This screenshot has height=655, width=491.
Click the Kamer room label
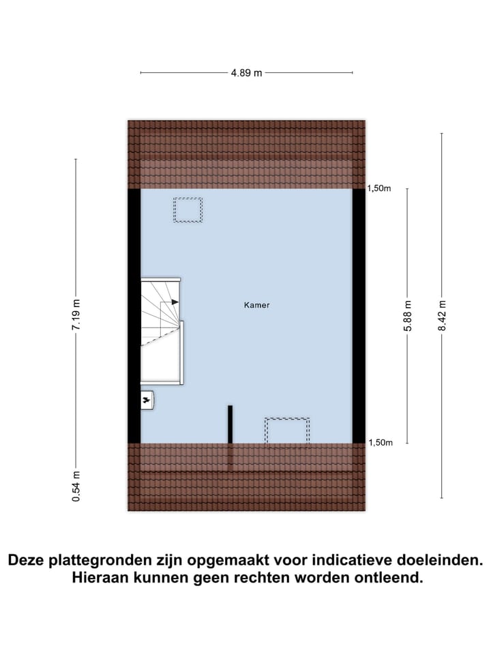pos(256,305)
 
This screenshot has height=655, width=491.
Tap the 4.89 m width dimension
pos(246,73)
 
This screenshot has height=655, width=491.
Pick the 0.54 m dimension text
pos(76,486)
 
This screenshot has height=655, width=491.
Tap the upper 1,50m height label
pos(380,189)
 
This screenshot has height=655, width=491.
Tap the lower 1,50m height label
pos(380,443)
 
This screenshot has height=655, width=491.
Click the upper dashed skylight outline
pos(188,209)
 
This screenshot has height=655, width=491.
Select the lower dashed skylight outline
pos(287,433)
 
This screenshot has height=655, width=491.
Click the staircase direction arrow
pos(175,302)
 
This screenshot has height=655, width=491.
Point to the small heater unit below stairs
pos(147,401)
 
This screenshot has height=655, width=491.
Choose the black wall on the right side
pos(359,315)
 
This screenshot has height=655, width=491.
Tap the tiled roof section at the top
pos(246,154)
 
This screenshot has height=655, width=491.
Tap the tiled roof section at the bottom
pos(246,478)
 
